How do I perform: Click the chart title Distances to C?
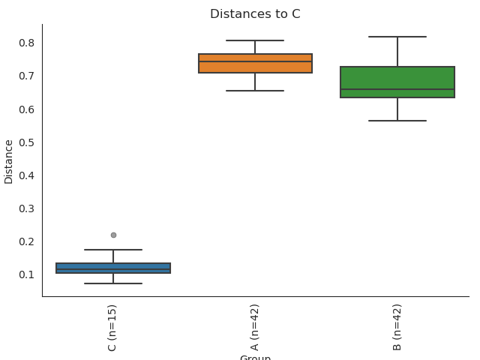coord(255,14)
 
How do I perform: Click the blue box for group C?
coord(113,268)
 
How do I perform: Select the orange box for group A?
coord(255,63)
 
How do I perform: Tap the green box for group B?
coord(397,82)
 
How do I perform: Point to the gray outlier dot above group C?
coord(113,235)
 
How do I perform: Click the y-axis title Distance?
coord(9,160)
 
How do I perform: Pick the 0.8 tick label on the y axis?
coord(27,43)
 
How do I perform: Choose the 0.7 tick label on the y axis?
coord(27,76)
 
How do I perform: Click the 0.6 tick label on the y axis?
coord(27,109)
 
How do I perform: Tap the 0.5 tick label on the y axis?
coord(27,142)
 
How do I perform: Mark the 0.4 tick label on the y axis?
coord(27,175)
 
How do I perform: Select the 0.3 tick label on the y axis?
coord(27,208)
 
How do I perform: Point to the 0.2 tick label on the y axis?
coord(27,241)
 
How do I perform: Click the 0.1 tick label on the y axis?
coord(27,274)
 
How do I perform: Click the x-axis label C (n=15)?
coord(112,327)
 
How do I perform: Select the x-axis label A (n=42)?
coord(255,327)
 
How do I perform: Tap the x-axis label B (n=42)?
coord(397,327)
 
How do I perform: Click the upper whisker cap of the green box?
coord(397,37)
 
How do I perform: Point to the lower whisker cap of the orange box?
coord(255,91)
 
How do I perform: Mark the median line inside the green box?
coord(397,89)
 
